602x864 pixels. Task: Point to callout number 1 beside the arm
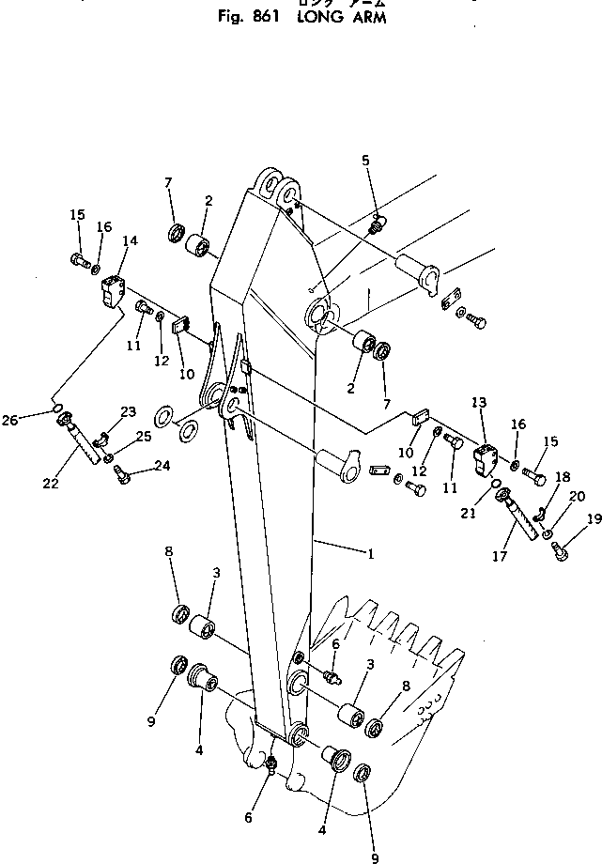pyautogui.click(x=372, y=554)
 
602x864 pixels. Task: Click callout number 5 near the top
pyautogui.click(x=366, y=160)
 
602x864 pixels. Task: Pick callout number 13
pyautogui.click(x=479, y=403)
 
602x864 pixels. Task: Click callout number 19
pyautogui.click(x=594, y=517)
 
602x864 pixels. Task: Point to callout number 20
pyautogui.click(x=578, y=496)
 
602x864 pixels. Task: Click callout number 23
pyautogui.click(x=129, y=411)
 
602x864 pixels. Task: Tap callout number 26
pyautogui.click(x=36, y=393)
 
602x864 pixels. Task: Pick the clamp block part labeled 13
pyautogui.click(x=488, y=461)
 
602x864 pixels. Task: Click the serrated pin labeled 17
pyautogui.click(x=522, y=516)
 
